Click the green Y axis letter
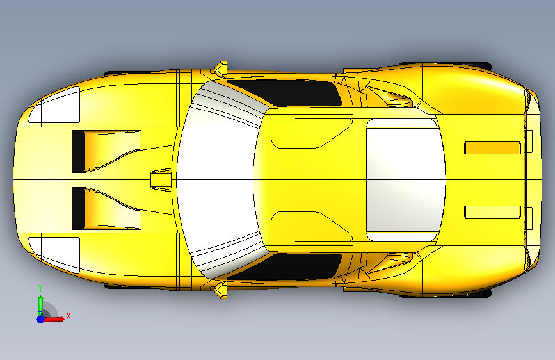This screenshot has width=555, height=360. coord(40,288)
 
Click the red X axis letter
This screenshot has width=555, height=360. coord(68,316)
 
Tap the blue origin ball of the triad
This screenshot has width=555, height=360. coord(41,319)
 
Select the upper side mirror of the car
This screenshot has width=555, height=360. coord(221,69)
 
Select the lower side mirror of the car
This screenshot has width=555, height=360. coord(221,290)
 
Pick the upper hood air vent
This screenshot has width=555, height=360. coord(106,151)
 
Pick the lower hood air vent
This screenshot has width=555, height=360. coord(106,208)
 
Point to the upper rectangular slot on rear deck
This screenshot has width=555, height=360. coord(492,148)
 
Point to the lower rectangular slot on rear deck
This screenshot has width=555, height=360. coord(492,212)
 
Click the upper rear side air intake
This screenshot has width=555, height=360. coord(389,96)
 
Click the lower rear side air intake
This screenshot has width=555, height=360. coord(389,263)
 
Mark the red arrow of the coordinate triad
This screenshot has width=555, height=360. coord(53,319)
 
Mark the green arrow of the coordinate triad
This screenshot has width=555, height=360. coord(40,306)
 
